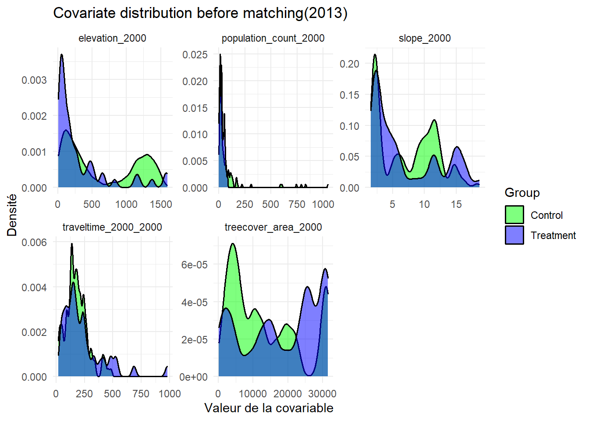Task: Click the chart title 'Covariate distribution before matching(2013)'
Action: point(200,13)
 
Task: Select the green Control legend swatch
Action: point(514,215)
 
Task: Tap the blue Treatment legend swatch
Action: point(514,235)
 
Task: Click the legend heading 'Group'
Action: point(522,193)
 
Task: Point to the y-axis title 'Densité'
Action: point(12,215)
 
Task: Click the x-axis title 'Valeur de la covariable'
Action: point(269,408)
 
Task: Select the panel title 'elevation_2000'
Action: point(112,39)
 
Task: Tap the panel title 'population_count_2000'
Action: point(273,39)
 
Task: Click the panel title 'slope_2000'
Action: point(425,39)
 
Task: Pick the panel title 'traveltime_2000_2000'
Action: point(112,227)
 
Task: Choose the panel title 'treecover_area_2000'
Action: point(273,227)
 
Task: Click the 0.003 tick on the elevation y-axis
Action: point(34,80)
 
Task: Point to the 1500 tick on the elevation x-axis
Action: point(161,204)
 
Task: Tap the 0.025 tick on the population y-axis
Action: point(195,55)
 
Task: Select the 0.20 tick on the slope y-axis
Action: point(349,64)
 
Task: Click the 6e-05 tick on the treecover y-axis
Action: point(194,265)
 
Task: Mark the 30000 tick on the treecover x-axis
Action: point(323,393)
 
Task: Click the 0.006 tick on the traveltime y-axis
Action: point(34,243)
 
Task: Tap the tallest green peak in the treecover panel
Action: point(233,245)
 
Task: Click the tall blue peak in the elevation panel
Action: point(62,56)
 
